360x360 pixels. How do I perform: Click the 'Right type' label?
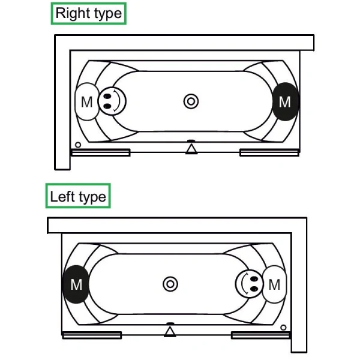[x=89, y=13]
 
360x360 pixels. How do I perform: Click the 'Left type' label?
[x=78, y=196]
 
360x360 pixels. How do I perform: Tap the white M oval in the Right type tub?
[x=87, y=101]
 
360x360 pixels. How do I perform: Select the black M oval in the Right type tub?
[x=286, y=101]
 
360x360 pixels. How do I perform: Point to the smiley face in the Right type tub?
[x=111, y=100]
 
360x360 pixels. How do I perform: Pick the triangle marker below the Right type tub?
[x=191, y=149]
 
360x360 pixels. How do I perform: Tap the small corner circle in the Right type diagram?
[x=78, y=145]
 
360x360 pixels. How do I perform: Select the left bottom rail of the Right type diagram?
[x=100, y=152]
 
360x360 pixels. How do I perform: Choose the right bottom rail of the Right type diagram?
[x=269, y=152]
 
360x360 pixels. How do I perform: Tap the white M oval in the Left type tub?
[x=274, y=284]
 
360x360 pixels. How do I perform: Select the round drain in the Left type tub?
[x=170, y=284]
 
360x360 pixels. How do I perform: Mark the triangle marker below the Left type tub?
[x=170, y=331]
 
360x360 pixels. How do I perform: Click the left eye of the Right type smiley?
[x=107, y=95]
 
